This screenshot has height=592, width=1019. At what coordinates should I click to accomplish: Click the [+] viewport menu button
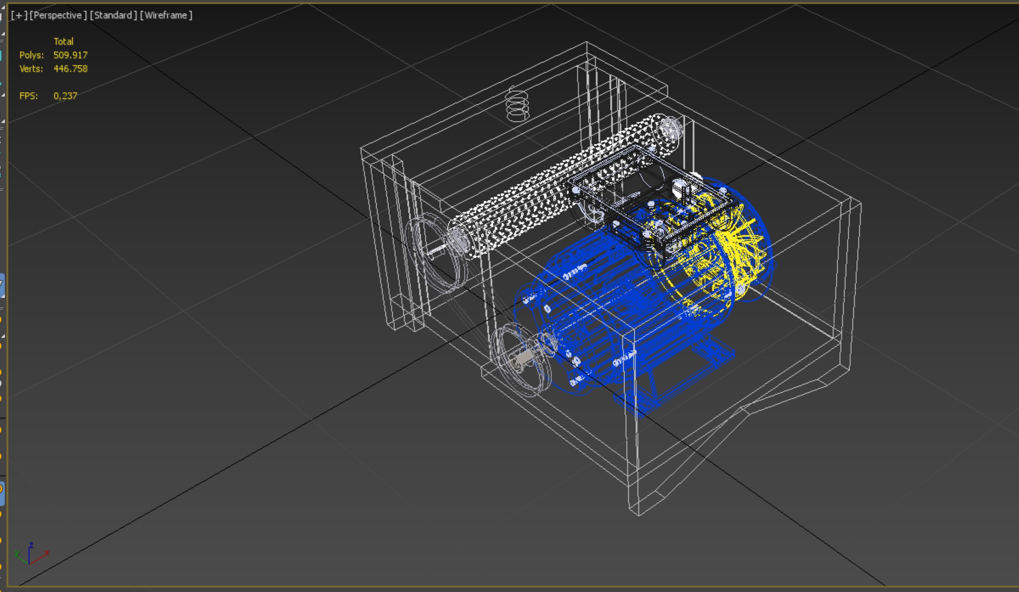point(19,15)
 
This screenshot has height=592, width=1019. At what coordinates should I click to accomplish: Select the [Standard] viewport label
point(113,15)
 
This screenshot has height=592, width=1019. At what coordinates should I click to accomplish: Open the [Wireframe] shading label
point(166,15)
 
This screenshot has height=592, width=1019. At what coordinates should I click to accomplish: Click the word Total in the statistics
point(63,42)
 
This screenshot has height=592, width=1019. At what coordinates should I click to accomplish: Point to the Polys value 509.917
point(70,55)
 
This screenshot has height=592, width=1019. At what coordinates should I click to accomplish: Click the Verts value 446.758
point(70,68)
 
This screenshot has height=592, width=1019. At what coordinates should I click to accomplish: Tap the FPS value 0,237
point(65,96)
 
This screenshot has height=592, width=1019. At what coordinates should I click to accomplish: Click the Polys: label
point(31,55)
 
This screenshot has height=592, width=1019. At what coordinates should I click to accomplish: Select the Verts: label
point(31,68)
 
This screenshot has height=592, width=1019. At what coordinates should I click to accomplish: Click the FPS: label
point(29,96)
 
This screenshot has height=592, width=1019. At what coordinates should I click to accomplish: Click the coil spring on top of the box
point(517,105)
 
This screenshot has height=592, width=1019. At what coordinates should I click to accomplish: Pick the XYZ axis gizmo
point(31,554)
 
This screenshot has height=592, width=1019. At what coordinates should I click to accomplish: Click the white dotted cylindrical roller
point(550,188)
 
